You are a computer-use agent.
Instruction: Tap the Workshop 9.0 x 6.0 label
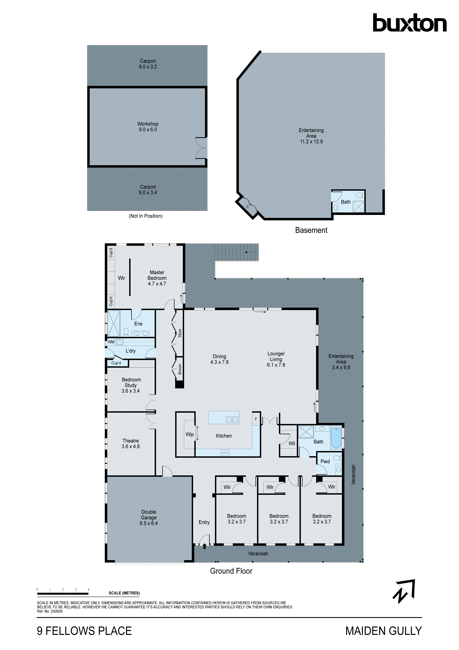148,127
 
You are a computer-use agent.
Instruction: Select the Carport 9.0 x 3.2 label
148,64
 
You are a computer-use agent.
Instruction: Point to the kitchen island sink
232,419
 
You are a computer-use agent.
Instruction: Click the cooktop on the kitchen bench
225,453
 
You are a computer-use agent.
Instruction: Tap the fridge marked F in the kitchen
256,419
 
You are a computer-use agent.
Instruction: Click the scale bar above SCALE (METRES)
63,593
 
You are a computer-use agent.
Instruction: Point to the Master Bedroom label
157,278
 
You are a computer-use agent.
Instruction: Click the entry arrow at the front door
205,546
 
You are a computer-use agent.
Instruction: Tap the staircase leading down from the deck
236,252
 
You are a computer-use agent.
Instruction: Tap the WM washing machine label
111,342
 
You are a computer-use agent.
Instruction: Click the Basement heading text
311,230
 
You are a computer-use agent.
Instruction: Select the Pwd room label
325,461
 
